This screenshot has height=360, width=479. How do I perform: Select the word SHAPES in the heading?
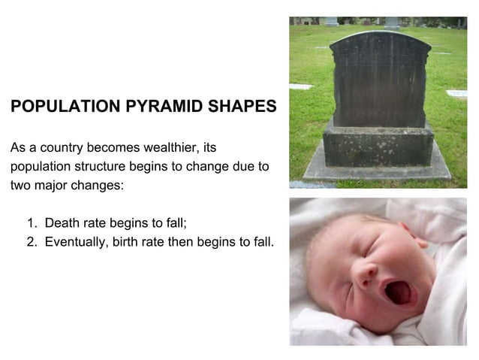(x=239, y=107)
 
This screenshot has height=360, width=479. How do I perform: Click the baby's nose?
(x=366, y=273)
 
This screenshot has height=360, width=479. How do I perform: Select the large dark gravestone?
(x=379, y=79)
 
